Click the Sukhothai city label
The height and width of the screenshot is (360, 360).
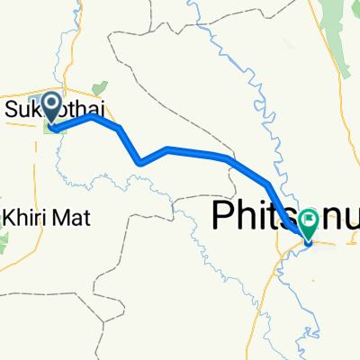click(54, 110)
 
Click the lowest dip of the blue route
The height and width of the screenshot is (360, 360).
click(141, 163)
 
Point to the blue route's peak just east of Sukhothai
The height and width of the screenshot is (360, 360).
click(92, 116)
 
